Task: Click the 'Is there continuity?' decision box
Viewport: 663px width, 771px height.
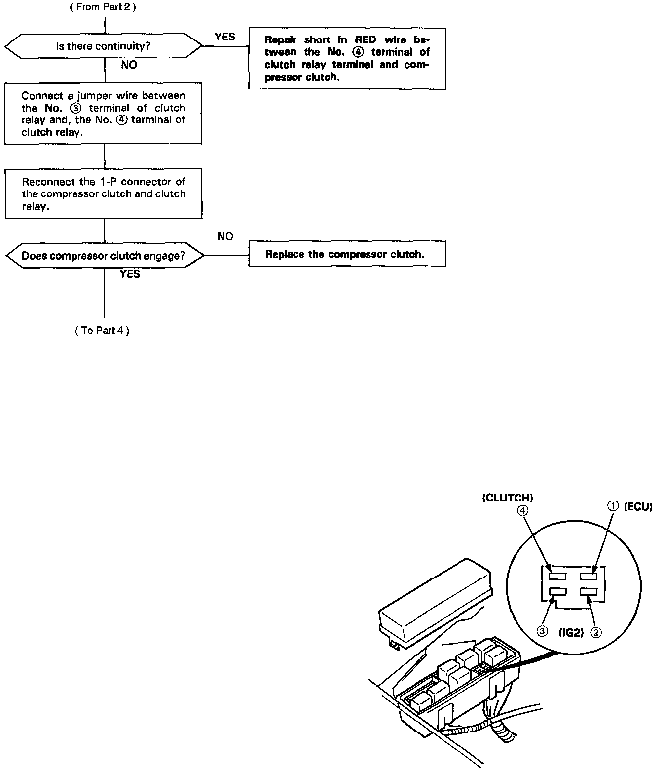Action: (x=103, y=47)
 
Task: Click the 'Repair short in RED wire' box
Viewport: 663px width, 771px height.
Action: (x=347, y=58)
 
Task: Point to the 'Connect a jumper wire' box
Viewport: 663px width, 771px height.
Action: (x=103, y=114)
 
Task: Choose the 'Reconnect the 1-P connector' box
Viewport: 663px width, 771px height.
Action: (x=104, y=194)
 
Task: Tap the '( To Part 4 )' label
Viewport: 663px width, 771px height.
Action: (x=102, y=330)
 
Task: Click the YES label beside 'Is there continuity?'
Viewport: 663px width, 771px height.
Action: (x=225, y=37)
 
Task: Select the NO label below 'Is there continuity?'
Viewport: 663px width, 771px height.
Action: (x=129, y=65)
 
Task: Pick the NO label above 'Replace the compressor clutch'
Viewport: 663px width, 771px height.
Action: (x=225, y=236)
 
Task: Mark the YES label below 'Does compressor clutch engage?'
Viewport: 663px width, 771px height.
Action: (x=130, y=274)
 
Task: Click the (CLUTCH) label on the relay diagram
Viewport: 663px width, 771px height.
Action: (x=508, y=498)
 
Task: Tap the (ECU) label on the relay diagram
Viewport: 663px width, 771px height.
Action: (x=638, y=507)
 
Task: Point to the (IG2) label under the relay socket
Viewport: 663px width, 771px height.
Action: (x=571, y=632)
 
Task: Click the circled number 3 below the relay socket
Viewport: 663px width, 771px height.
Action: (x=543, y=632)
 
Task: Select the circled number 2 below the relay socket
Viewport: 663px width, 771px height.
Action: (x=596, y=632)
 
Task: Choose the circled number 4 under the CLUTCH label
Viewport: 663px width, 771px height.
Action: (x=523, y=511)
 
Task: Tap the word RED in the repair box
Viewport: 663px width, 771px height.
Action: (x=366, y=40)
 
